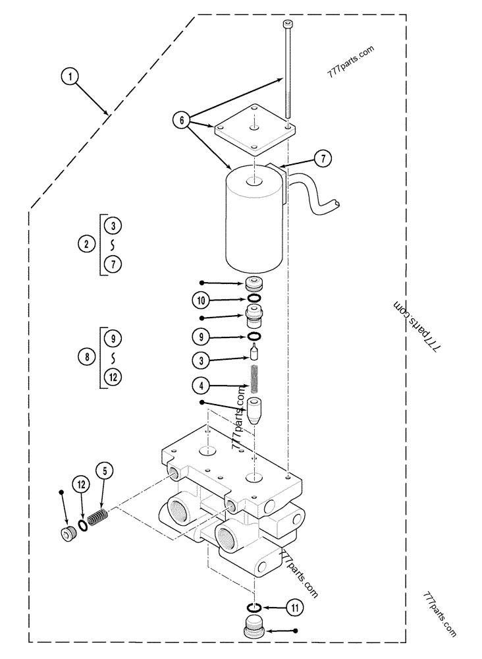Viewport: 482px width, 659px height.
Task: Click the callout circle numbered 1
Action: click(x=70, y=76)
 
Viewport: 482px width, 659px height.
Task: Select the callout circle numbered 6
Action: click(x=181, y=121)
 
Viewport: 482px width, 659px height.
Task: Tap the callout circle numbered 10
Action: click(x=201, y=300)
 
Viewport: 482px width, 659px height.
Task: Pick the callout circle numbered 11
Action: click(x=295, y=608)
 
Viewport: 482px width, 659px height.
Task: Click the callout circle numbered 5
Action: click(x=105, y=471)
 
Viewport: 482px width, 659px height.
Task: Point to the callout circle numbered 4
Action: click(x=201, y=386)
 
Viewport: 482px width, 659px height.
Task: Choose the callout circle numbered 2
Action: click(x=87, y=244)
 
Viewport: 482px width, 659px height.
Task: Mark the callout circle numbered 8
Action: click(x=87, y=357)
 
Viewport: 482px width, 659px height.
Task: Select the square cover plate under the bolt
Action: click(x=254, y=130)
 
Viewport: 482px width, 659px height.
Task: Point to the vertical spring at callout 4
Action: click(x=254, y=379)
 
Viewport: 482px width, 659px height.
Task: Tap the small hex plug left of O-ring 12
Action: click(x=67, y=533)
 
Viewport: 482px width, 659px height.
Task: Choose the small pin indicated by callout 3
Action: click(x=254, y=352)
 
